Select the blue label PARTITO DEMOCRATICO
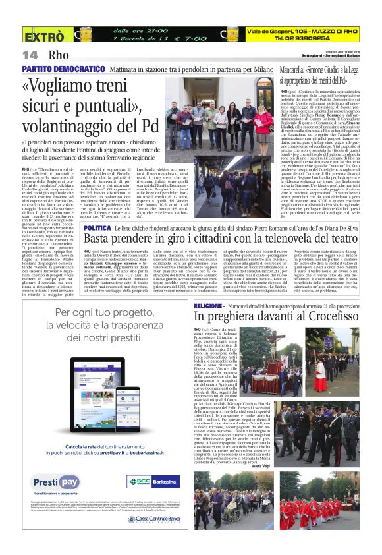click(55, 68)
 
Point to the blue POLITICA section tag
click(99, 227)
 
